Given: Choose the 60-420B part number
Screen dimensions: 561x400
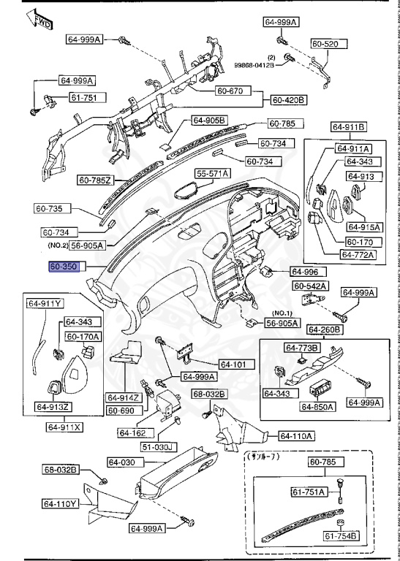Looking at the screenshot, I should point(289,99).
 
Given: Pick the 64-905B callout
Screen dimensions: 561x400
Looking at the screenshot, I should point(210,121).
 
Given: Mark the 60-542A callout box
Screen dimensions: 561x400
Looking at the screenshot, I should point(315,286).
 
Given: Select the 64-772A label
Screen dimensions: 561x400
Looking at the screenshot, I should point(358,255).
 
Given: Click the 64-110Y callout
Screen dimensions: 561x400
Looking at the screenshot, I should point(60,503).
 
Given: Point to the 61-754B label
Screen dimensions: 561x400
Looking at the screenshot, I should point(341,537).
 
